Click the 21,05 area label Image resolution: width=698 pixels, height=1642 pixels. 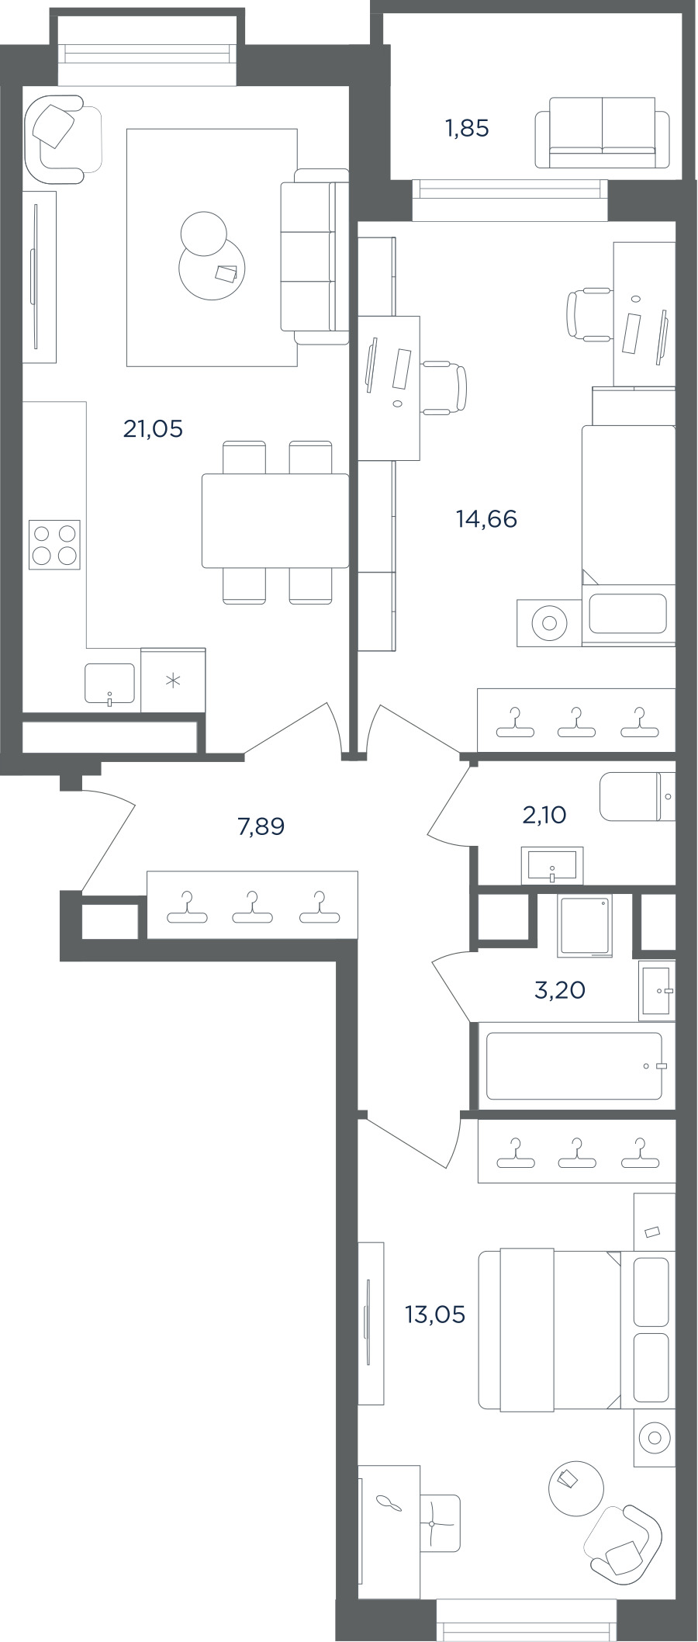pyautogui.click(x=153, y=428)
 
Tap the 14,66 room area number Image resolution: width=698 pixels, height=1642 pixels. pyautogui.click(x=486, y=518)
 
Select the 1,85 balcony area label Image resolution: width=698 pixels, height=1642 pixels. pyautogui.click(x=467, y=128)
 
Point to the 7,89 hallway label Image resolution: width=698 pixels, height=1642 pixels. pyautogui.click(x=261, y=826)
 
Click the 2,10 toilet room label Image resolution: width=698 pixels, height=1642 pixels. pyautogui.click(x=544, y=815)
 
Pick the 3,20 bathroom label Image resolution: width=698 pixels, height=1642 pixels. pyautogui.click(x=560, y=990)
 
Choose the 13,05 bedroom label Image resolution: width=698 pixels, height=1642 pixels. pyautogui.click(x=434, y=1315)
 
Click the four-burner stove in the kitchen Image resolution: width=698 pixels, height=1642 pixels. pyautogui.click(x=54, y=545)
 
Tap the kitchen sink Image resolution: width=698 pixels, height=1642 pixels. pyautogui.click(x=109, y=684)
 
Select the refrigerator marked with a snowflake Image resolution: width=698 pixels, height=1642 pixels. pyautogui.click(x=173, y=681)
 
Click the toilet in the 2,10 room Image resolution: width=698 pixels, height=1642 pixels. pyautogui.click(x=637, y=796)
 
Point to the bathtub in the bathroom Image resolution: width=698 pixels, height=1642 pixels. pyautogui.click(x=575, y=1065)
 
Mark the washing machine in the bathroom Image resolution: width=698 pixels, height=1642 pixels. pyautogui.click(x=586, y=925)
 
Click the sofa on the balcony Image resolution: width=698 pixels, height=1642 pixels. pyautogui.click(x=602, y=132)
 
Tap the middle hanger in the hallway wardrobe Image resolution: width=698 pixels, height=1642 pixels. pyautogui.click(x=252, y=908)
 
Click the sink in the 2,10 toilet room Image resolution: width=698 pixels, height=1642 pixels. pyautogui.click(x=552, y=866)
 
